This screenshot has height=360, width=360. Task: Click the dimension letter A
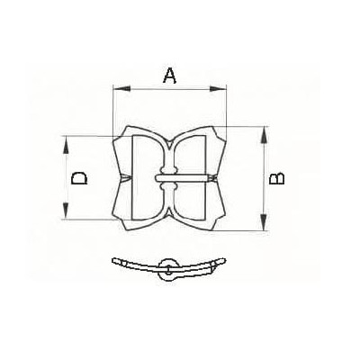tap(168, 76)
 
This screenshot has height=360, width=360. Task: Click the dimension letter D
tap(79, 178)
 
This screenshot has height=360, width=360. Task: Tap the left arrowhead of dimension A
tap(115, 88)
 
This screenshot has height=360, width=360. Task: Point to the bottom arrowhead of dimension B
tap(263, 229)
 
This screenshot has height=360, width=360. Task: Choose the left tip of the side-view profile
tap(113, 261)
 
